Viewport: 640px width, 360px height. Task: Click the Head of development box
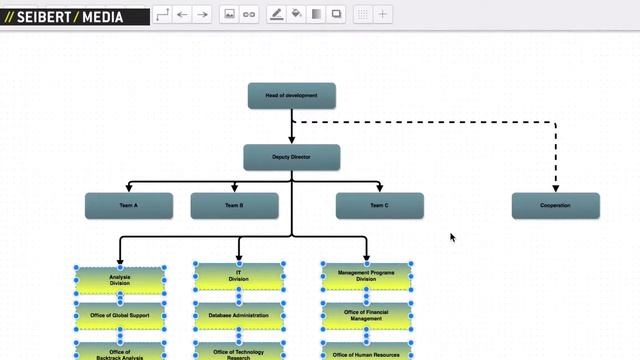click(291, 96)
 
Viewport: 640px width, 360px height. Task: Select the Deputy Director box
click(291, 157)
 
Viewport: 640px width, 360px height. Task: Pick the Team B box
click(234, 206)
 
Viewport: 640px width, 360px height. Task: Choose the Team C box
click(379, 206)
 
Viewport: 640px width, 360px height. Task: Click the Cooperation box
click(555, 206)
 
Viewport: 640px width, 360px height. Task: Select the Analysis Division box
click(120, 280)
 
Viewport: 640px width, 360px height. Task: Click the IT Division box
click(238, 276)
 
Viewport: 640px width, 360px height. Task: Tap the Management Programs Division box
click(367, 276)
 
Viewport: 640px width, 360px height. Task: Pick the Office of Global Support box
click(120, 316)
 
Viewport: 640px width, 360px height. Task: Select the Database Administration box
click(238, 316)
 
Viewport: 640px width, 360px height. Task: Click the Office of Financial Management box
click(367, 316)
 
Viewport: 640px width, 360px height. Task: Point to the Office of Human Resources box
click(367, 354)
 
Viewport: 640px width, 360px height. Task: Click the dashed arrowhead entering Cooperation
click(555, 188)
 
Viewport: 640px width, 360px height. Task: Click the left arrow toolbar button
click(182, 15)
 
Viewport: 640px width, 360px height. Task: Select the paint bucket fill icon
click(297, 15)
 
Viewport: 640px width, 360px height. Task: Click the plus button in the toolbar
click(383, 15)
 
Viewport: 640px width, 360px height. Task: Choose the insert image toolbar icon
click(229, 15)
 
